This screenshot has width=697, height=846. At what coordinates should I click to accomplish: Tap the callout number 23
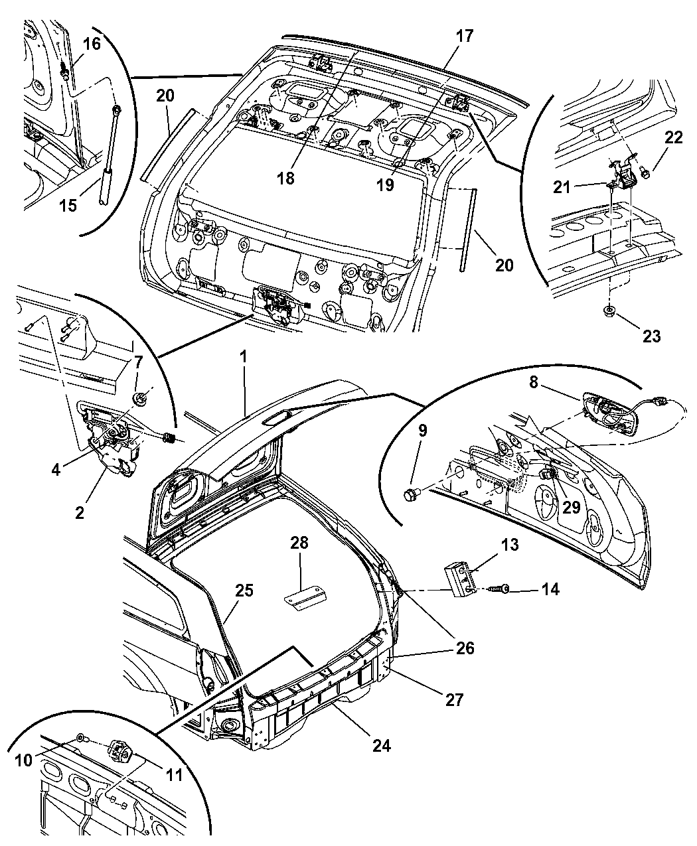pyautogui.click(x=651, y=336)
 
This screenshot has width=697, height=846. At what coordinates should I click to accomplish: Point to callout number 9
pyautogui.click(x=422, y=430)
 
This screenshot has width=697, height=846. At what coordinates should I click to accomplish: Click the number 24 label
pyautogui.click(x=381, y=745)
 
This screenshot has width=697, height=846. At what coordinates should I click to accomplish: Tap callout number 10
pyautogui.click(x=23, y=760)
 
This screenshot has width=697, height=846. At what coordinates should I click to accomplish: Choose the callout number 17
pyautogui.click(x=465, y=35)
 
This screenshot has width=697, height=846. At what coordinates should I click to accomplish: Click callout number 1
pyautogui.click(x=244, y=356)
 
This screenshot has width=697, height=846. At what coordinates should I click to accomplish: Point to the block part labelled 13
pyautogui.click(x=459, y=578)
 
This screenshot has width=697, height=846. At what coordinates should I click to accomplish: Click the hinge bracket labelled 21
pyautogui.click(x=624, y=174)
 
